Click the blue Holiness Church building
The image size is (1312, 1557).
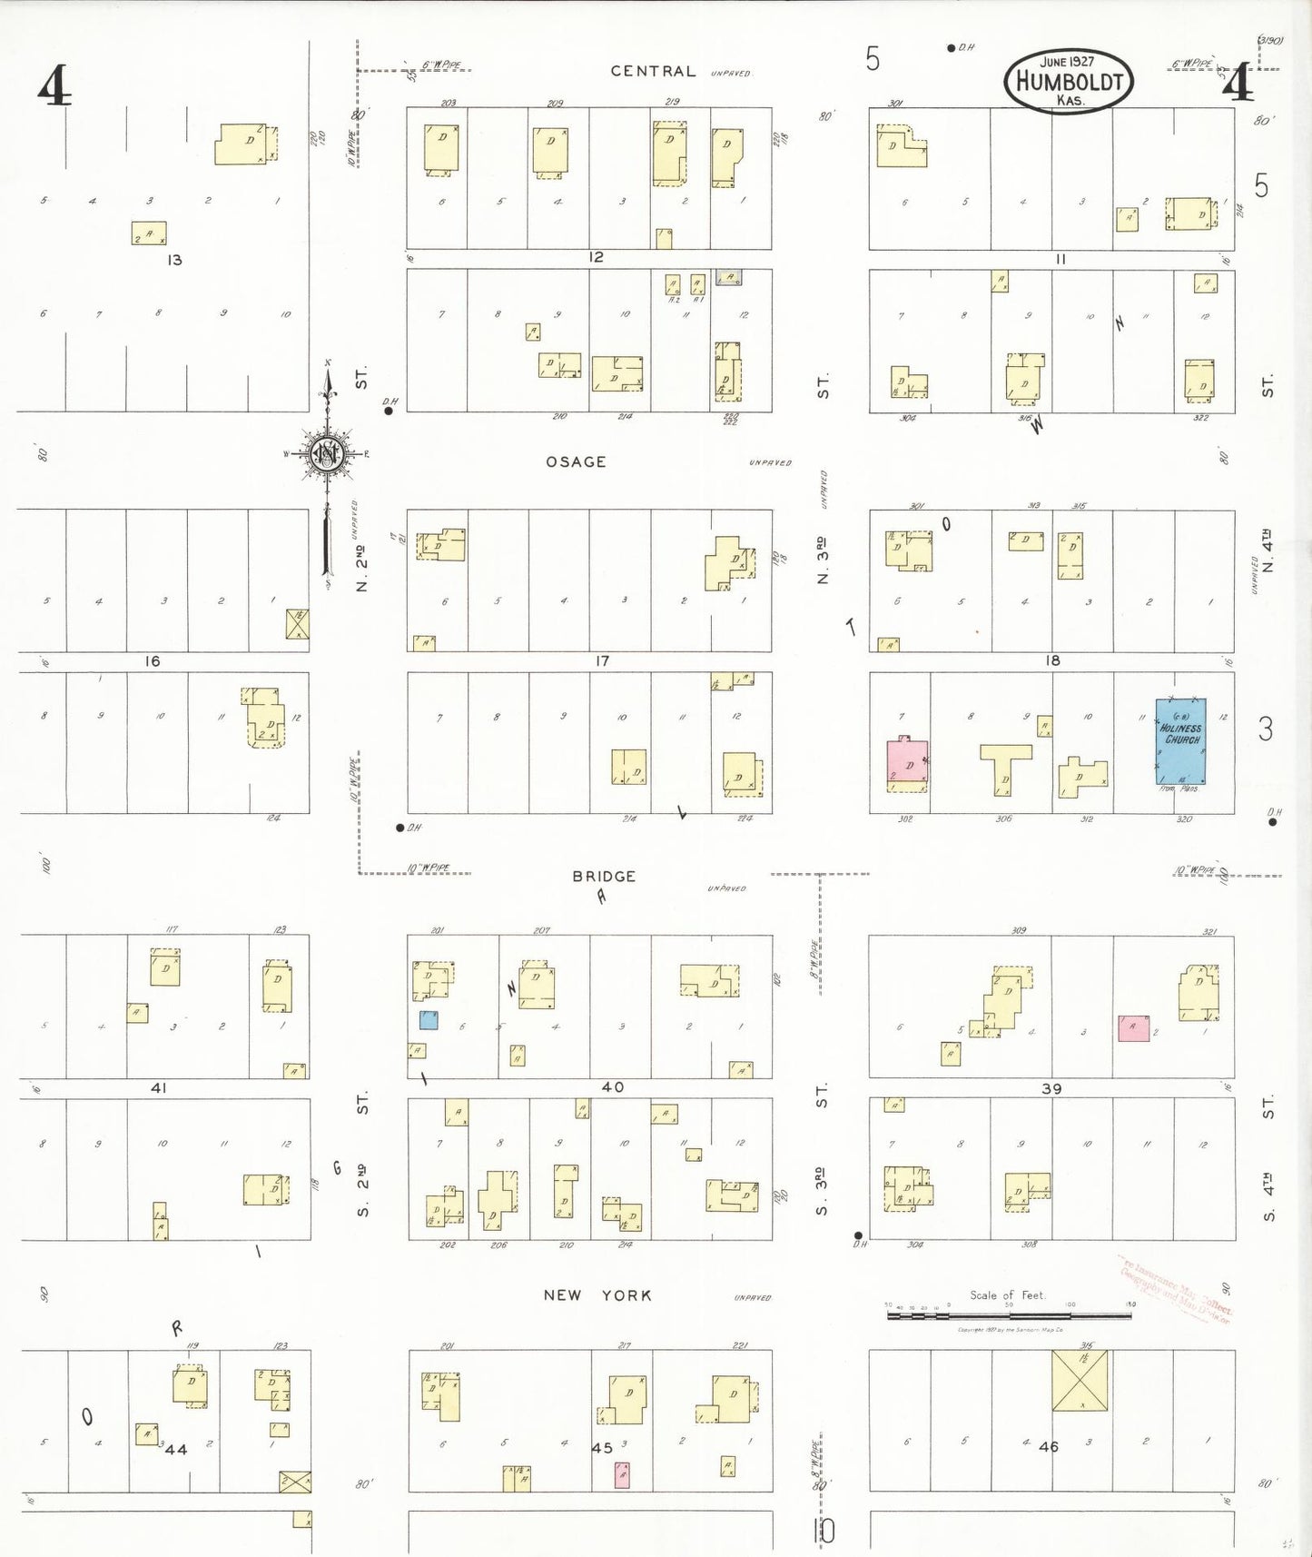[1180, 740]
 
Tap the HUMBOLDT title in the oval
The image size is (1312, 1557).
[1070, 82]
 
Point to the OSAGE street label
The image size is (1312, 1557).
[576, 461]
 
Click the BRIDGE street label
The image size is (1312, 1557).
[604, 877]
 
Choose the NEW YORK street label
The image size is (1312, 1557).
[597, 1295]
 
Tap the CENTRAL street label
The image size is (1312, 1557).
[653, 71]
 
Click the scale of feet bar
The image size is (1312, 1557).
[1008, 1314]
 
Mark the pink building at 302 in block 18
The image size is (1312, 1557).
[907, 765]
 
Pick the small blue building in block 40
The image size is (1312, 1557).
[429, 1020]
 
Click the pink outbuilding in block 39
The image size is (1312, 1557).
[1133, 1028]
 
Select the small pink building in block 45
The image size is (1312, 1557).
[622, 1475]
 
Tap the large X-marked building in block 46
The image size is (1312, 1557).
[1080, 1381]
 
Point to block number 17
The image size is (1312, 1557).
[602, 661]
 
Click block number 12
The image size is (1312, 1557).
[596, 258]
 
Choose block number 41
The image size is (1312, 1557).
[159, 1087]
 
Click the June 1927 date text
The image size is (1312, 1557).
[1067, 62]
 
